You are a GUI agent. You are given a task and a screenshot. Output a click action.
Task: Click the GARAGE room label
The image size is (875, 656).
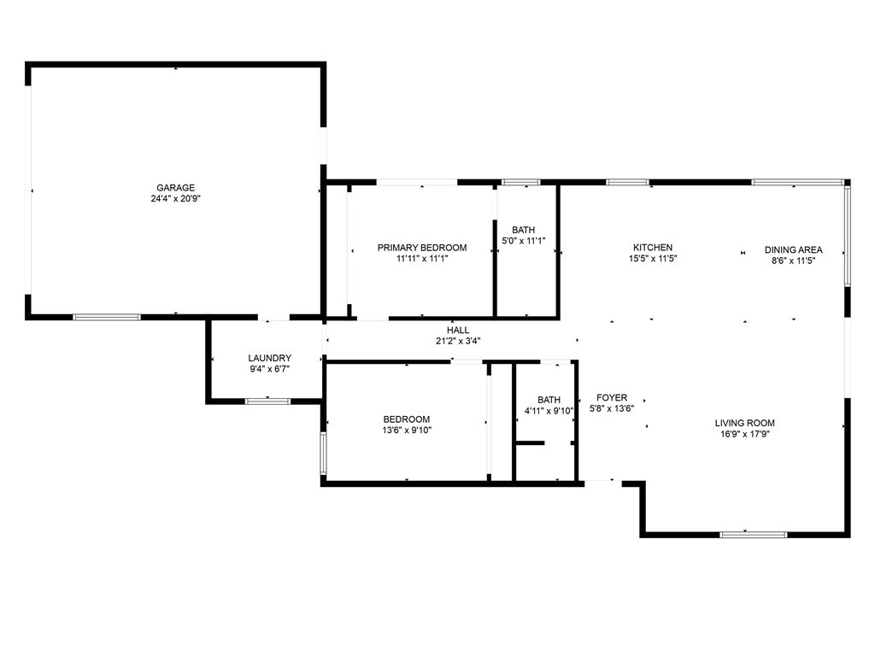175,188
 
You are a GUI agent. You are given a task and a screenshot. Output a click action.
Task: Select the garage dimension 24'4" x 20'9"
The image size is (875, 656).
175,198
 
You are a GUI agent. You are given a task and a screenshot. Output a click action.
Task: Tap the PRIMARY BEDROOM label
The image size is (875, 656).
422,248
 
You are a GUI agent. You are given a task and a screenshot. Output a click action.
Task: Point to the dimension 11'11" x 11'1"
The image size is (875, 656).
422,258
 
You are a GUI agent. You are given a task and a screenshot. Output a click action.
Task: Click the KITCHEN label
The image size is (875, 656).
653,248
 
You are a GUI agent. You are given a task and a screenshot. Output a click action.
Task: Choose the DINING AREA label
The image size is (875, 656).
793,250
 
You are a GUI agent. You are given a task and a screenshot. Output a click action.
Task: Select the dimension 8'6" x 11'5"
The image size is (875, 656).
793,261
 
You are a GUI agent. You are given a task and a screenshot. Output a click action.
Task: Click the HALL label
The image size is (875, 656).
458,331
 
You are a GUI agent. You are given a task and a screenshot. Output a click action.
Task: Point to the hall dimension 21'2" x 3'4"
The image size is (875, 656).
458,341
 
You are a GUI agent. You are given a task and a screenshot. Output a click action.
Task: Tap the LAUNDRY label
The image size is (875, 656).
270,359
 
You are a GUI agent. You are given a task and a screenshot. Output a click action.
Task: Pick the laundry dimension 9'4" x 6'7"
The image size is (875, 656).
270,369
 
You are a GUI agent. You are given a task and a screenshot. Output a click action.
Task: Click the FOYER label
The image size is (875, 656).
612,398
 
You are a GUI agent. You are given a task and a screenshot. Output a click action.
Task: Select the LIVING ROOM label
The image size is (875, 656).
745,423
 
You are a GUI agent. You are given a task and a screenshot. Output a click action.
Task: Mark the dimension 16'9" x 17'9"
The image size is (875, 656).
745,433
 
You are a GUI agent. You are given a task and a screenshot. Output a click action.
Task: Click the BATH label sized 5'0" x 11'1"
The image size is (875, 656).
524,231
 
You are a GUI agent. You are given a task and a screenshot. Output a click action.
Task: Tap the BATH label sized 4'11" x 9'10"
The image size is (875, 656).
549,400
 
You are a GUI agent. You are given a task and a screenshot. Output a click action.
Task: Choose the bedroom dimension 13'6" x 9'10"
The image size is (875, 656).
407,430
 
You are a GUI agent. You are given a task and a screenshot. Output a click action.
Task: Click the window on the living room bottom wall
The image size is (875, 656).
753,535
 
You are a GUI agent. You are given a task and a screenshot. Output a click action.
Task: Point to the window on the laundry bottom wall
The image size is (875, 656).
267,401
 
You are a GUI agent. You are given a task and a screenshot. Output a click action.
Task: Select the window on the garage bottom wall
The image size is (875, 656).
107,317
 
